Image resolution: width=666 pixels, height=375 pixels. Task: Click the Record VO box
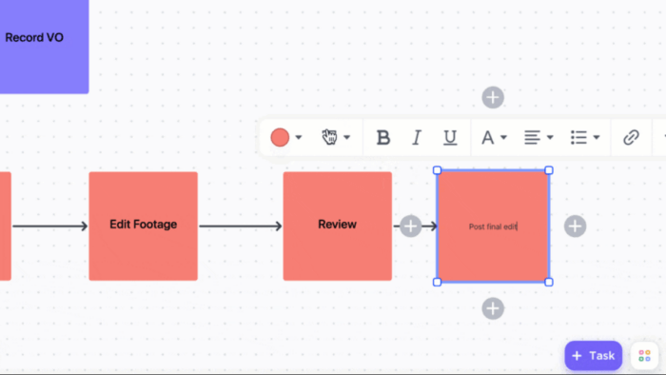point(38,38)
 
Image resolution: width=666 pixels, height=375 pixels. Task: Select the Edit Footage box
point(143,226)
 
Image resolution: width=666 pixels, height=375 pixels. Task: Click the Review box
point(337,226)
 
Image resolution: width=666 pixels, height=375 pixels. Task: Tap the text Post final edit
point(492,227)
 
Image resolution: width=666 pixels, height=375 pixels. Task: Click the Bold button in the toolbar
point(383,138)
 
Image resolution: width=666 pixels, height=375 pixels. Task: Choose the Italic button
point(416,138)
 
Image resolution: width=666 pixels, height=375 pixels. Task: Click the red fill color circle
point(280,138)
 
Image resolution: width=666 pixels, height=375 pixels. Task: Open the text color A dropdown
point(492,138)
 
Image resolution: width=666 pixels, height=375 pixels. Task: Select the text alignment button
point(538,138)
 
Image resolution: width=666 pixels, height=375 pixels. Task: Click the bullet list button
point(583,138)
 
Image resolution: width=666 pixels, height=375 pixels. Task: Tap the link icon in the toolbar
point(631,138)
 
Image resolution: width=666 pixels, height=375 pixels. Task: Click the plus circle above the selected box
point(492,97)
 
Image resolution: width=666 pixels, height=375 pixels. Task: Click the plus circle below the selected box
point(492,308)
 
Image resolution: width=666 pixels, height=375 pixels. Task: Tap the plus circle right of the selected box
point(575,226)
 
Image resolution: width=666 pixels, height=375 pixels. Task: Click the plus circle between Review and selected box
point(410,226)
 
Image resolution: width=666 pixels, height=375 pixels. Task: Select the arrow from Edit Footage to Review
point(240,226)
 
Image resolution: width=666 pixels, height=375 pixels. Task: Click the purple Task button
point(593,355)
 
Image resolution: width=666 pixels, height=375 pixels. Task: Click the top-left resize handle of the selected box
point(438,171)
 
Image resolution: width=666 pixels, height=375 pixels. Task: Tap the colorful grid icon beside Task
point(644,355)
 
